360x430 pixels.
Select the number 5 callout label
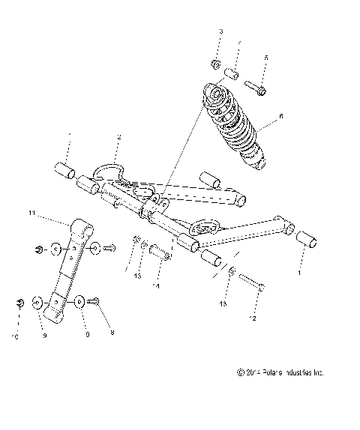(264, 58)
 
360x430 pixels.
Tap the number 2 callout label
(118, 136)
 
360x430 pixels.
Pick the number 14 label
(157, 285)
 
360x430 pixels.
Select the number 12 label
(253, 318)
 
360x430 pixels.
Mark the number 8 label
(112, 331)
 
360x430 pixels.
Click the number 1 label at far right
(301, 274)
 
